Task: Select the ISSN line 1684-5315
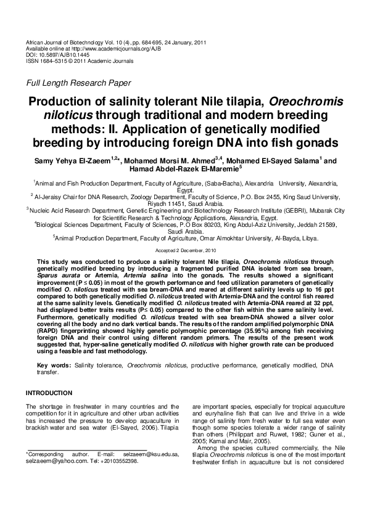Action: coord(56,60)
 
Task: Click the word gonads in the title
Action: coord(315,143)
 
